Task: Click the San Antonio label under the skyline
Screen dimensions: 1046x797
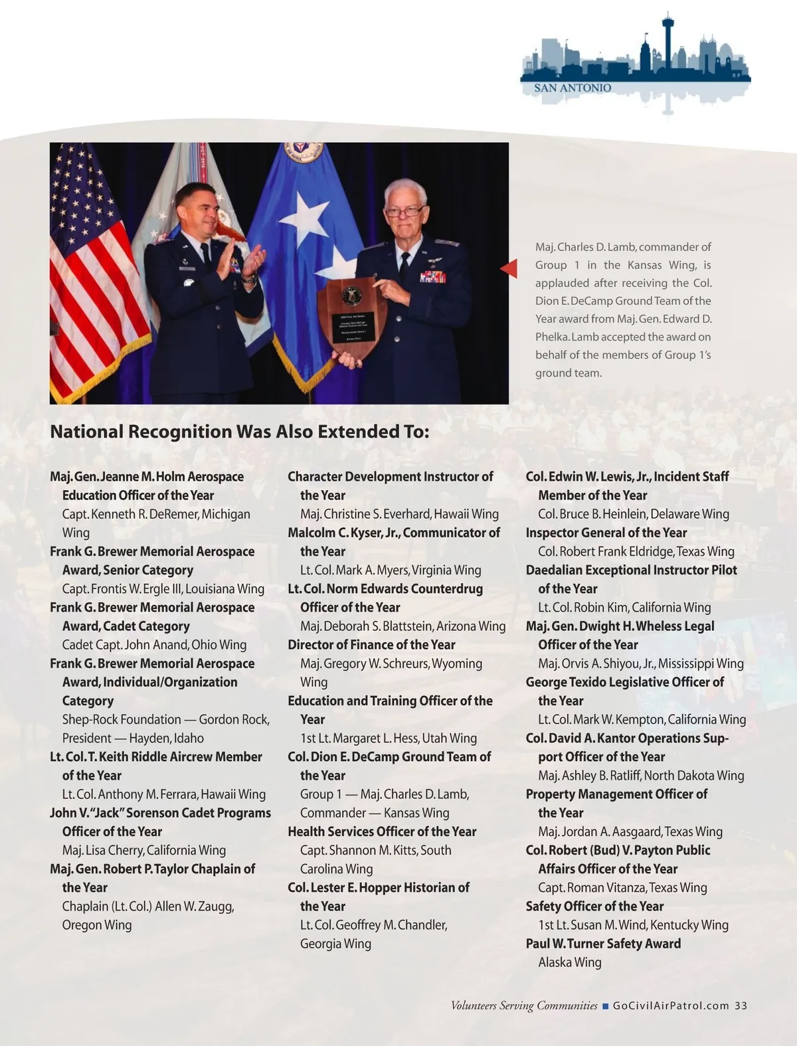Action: [573, 88]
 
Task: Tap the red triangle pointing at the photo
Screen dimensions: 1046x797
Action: [509, 268]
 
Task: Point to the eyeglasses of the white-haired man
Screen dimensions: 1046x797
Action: [404, 212]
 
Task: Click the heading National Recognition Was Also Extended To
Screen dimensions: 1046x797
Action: [240, 432]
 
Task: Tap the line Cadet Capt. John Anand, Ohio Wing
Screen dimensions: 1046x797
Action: [154, 645]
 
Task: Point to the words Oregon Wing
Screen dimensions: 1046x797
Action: [97, 925]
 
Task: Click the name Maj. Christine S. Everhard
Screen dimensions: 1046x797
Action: [365, 514]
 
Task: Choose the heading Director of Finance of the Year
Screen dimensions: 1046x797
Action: [371, 645]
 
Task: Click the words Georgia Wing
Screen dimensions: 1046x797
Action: [335, 944]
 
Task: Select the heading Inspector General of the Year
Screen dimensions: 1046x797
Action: [606, 533]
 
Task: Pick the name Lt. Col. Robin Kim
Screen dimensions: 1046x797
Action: [582, 608]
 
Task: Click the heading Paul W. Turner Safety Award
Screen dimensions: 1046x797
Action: [603, 944]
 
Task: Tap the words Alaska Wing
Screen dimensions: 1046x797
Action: [569, 962]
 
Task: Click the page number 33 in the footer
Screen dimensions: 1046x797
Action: [741, 1005]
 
